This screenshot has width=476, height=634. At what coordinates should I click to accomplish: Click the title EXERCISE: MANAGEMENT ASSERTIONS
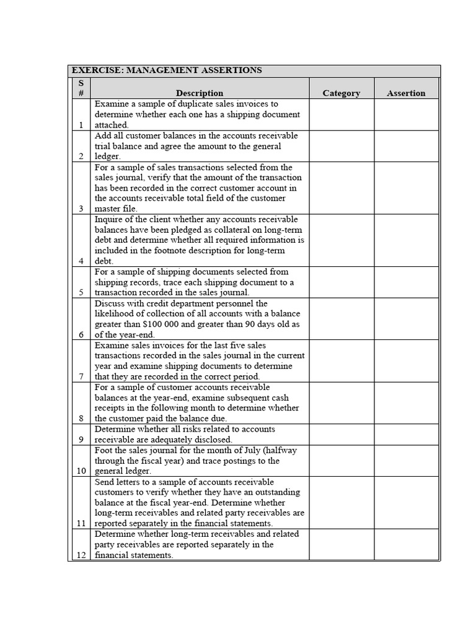coord(167,71)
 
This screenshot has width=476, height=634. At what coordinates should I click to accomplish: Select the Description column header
coord(200,93)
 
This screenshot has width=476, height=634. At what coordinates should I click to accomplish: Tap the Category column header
coord(341,93)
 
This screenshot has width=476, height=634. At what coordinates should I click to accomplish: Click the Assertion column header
coord(406,93)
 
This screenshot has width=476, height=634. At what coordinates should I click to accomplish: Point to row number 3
coord(81,209)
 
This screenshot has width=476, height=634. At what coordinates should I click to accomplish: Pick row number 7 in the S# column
coord(81,376)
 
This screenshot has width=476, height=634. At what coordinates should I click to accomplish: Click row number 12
coord(81,555)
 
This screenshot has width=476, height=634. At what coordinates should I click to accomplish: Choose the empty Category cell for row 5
coord(341,282)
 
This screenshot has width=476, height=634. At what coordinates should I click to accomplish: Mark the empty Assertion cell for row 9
coord(406,434)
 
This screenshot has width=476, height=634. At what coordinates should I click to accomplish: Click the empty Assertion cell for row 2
coord(406,146)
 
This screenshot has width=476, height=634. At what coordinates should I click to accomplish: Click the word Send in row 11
coord(105,482)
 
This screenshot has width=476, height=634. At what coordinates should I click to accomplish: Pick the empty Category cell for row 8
coord(341,402)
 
